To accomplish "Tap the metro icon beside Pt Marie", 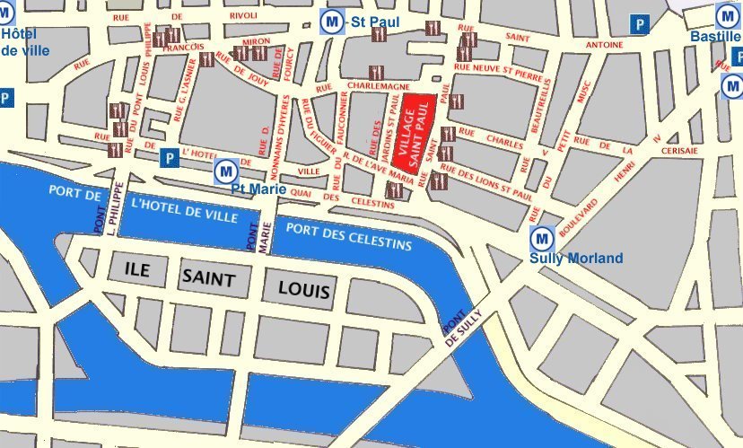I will [225, 170].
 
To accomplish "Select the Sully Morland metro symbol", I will [541, 239].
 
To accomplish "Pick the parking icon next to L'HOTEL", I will [168, 158].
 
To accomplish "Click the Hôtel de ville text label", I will [22, 42].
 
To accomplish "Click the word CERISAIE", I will [679, 151].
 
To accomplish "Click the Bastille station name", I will [715, 37].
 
